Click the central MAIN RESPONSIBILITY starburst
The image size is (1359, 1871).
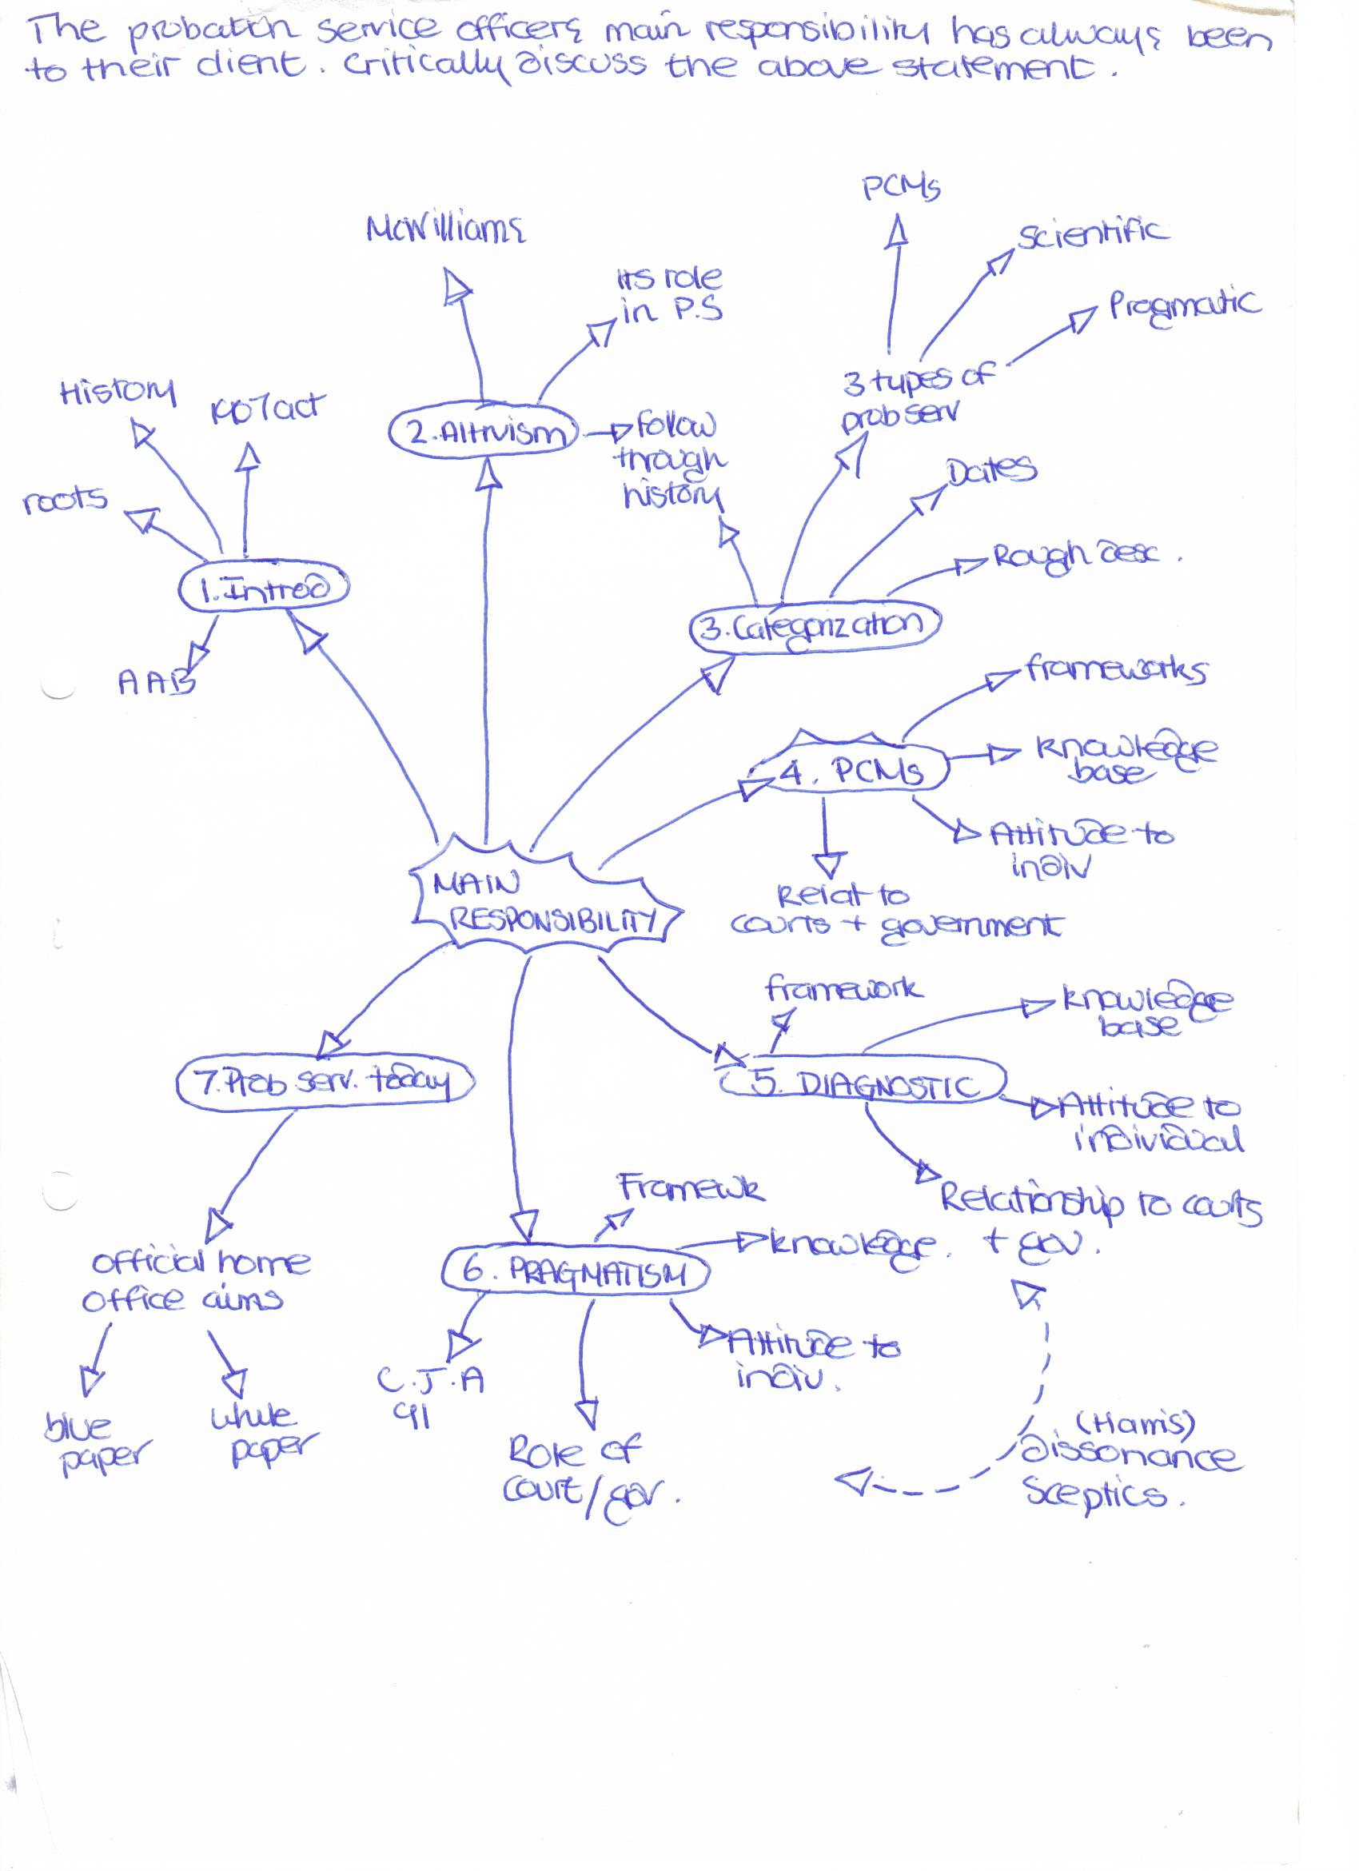544,901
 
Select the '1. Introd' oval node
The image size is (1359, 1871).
264,588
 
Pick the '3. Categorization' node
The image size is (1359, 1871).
815,628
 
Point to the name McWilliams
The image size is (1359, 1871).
445,229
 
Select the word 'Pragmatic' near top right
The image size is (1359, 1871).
1184,307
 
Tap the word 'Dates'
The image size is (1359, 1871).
991,471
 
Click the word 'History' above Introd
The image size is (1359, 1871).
117,392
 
